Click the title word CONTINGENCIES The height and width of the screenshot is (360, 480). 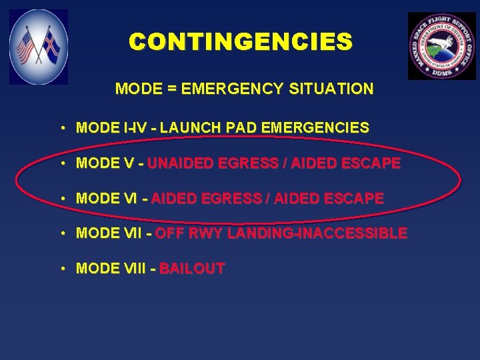[x=241, y=42]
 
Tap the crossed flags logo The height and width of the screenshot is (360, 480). [x=39, y=46]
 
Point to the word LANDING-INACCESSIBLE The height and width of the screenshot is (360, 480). [x=317, y=234]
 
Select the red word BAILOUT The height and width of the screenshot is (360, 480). [x=192, y=269]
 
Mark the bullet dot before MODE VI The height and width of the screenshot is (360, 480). [x=61, y=199]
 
